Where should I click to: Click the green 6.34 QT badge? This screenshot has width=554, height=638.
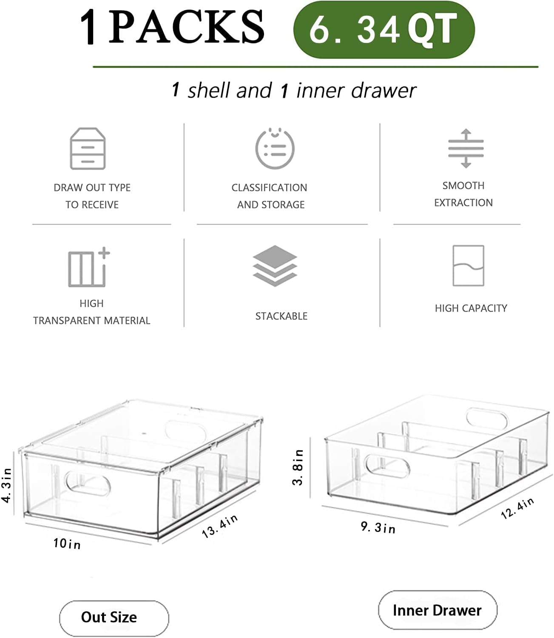point(384,29)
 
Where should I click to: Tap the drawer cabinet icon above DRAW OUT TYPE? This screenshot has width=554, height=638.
point(88,148)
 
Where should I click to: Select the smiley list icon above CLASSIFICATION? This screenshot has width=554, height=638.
point(275,148)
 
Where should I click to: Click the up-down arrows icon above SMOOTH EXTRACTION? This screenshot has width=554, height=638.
point(466,148)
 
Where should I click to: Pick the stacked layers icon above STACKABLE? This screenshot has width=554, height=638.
point(275,265)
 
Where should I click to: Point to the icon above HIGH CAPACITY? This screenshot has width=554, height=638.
point(468,265)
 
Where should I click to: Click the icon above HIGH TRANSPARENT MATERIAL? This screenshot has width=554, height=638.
point(88,268)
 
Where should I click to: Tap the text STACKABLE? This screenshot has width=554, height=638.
point(281,316)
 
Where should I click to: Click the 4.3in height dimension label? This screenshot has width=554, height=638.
point(7,485)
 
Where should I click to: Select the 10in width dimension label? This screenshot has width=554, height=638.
point(67,544)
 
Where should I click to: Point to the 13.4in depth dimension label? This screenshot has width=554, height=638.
point(219,526)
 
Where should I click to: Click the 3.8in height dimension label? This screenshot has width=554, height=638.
point(298,467)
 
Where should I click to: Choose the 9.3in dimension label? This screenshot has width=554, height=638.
point(378,527)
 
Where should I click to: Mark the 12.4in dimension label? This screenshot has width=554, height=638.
point(517,508)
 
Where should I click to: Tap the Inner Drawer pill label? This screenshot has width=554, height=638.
point(437,610)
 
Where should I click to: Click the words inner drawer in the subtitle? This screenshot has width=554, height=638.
point(356,91)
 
